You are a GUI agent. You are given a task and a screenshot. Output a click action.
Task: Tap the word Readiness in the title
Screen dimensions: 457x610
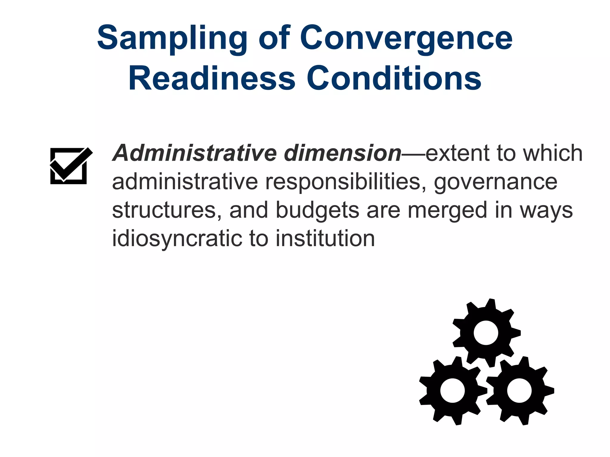point(211,78)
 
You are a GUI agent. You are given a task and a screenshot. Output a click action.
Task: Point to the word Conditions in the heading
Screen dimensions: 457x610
point(394,78)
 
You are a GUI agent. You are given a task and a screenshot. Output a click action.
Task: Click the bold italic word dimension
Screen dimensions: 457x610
point(343,153)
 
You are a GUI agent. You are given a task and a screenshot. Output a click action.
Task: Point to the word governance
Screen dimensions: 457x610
point(495,182)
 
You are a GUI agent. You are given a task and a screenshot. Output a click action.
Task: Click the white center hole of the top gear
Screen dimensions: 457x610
point(486,333)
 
